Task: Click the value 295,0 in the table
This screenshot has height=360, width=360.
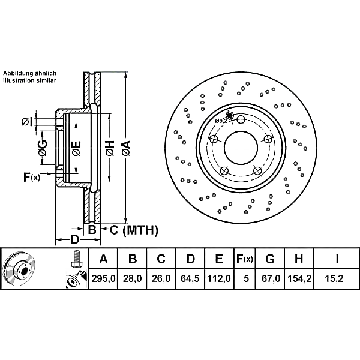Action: [103, 279]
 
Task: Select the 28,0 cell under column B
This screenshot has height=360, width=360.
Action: [133, 279]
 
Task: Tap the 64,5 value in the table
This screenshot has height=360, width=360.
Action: [190, 279]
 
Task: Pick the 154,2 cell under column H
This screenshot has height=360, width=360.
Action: [299, 279]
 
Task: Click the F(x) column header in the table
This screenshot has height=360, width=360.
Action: [245, 259]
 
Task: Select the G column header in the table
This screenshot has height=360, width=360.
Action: [270, 259]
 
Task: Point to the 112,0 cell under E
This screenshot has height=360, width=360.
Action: [219, 279]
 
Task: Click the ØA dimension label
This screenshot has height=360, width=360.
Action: [126, 148]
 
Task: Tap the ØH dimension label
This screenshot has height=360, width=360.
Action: [110, 148]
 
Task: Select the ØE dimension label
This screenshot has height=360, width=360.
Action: [76, 148]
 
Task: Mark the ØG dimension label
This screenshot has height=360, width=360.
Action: [43, 148]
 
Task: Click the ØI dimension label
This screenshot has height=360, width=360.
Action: [27, 122]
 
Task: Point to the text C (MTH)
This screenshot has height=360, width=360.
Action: [134, 230]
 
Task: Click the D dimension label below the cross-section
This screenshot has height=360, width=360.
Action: [74, 239]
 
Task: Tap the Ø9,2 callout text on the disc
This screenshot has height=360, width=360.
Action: [221, 121]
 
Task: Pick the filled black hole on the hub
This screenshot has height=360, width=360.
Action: [229, 115]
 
